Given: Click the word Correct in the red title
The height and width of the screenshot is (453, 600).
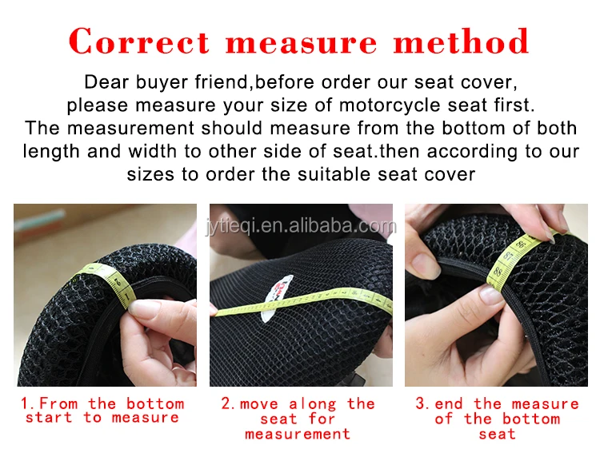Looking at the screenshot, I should (x=139, y=42).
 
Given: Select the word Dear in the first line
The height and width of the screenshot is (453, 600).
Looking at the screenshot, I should (x=104, y=81).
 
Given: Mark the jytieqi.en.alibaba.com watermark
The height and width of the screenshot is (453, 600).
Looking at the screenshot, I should (x=299, y=226).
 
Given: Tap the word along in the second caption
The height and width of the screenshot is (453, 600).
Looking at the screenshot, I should (x=314, y=404).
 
